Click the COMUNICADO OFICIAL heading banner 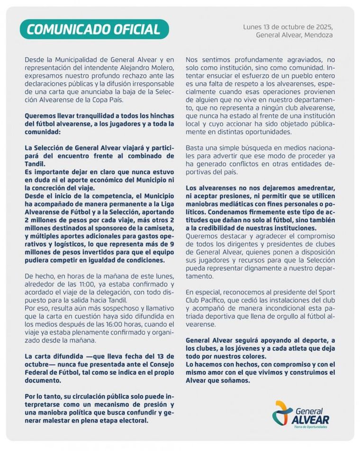(x=94, y=29)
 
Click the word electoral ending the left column (x=133, y=420)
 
